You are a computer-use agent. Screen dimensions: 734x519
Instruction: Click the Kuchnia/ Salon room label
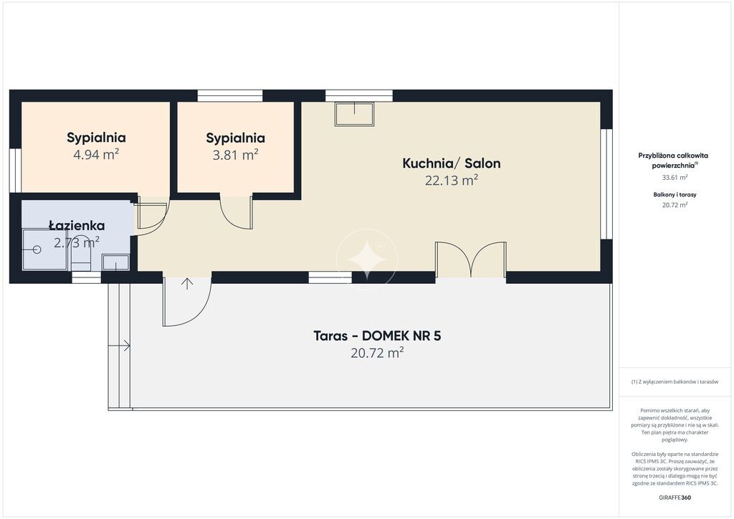[x=452, y=163]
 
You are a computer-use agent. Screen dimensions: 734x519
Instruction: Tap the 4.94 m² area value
[x=96, y=154]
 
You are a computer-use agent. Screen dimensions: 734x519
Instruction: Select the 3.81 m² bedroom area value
[x=235, y=154]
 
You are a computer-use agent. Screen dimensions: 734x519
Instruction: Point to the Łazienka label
[x=77, y=225]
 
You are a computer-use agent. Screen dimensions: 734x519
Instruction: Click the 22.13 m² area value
[x=452, y=180]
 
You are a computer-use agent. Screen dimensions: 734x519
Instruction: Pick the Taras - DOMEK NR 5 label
[x=377, y=336]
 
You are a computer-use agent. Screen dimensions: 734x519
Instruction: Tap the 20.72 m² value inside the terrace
[x=377, y=353]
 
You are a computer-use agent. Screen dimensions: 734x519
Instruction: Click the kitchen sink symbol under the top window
[x=355, y=114]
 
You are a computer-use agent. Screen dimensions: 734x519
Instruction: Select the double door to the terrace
[x=471, y=259]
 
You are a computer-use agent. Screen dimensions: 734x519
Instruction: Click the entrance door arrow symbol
[x=187, y=284]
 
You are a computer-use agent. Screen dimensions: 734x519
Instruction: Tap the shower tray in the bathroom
[x=45, y=249]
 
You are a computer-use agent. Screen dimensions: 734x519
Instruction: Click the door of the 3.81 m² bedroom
[x=237, y=212]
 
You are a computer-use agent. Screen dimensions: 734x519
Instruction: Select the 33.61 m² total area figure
[x=675, y=177]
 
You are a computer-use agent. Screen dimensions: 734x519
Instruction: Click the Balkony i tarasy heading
[x=675, y=195]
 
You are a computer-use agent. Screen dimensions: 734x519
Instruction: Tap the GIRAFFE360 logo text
[x=675, y=497]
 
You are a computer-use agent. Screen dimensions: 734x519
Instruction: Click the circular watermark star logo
[x=367, y=259]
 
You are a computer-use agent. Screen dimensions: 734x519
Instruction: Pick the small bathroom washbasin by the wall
[x=115, y=262]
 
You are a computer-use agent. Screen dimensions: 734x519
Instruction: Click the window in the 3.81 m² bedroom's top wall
[x=230, y=95]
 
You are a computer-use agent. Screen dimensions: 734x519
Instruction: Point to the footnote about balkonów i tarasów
[x=675, y=382]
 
